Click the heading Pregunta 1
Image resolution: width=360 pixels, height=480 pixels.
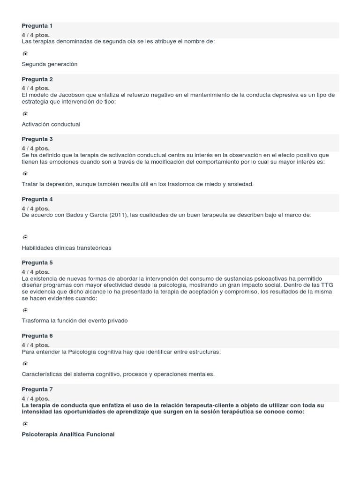[x=37, y=26]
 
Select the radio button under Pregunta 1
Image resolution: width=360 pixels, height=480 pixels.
[x=25, y=54]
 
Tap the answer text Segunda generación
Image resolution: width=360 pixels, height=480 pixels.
[x=49, y=64]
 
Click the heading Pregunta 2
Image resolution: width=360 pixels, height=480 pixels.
[x=37, y=79]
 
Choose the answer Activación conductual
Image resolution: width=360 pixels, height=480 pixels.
[x=51, y=124]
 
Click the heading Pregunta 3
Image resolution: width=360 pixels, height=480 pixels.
[x=37, y=139]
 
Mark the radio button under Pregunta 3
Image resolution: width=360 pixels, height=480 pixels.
[x=25, y=173]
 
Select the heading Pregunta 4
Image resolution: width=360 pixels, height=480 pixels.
[x=37, y=199]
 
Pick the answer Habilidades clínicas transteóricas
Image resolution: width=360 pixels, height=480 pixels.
[x=67, y=247]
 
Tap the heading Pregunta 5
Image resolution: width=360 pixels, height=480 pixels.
[x=37, y=262]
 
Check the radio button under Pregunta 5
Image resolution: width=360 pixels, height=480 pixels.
[x=25, y=310]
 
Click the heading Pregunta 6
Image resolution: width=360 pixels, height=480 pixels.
[x=37, y=336]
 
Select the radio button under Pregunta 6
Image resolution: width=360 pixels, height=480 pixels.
[x=25, y=363]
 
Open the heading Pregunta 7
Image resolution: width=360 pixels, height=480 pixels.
[x=37, y=390]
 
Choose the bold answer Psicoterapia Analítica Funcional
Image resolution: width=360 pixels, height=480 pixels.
[x=68, y=435]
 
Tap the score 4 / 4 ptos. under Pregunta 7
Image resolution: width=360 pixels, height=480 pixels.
[x=36, y=399]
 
